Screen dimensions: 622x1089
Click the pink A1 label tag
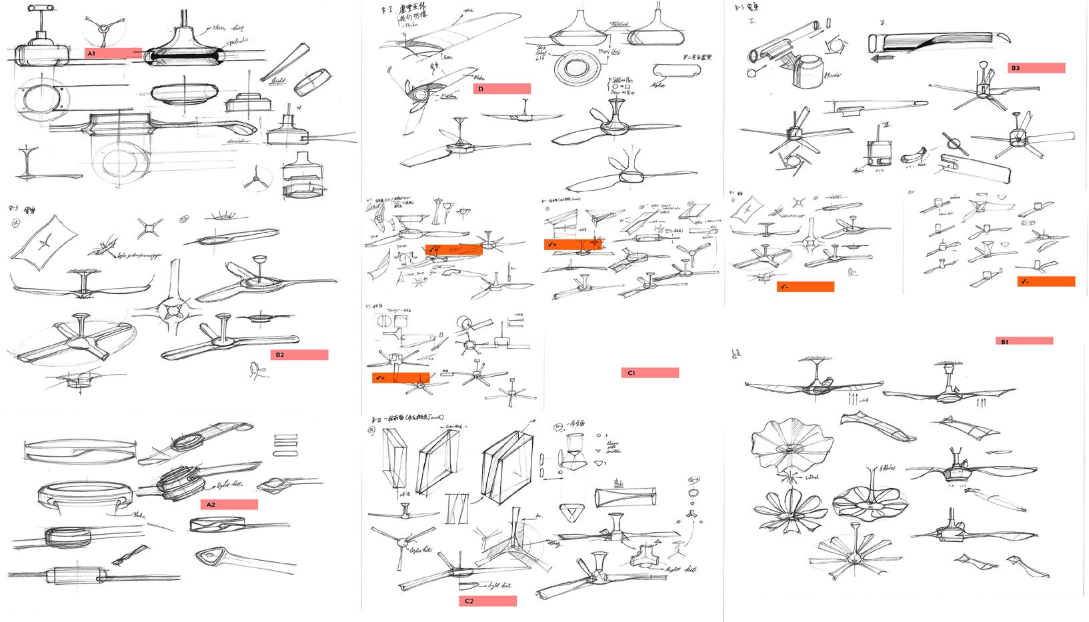[113, 53]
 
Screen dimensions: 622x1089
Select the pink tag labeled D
[501, 89]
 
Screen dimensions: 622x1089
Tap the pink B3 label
[1036, 68]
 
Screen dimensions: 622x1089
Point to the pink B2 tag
[299, 355]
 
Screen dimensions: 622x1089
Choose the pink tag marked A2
[229, 505]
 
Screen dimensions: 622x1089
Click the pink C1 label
[650, 373]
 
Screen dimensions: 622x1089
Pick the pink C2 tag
[487, 601]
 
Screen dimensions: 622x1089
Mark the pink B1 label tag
[1025, 341]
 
